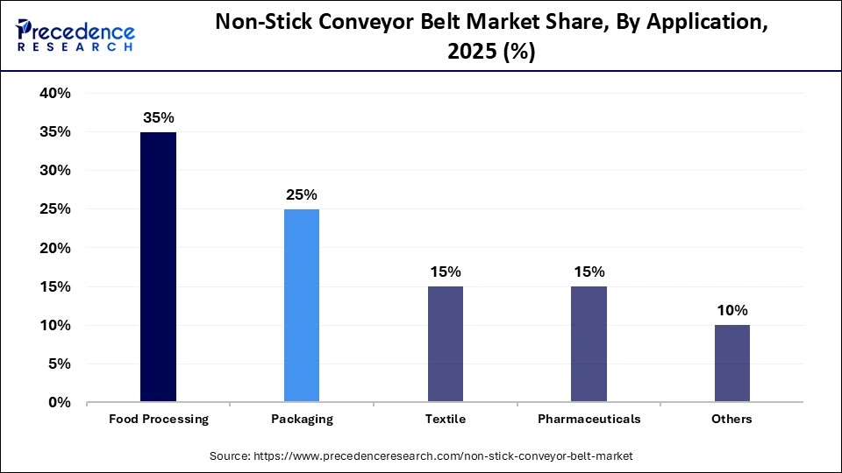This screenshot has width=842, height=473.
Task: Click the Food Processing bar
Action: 159,267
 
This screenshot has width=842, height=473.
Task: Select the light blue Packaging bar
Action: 302,306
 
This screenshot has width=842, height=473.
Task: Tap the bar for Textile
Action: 446,344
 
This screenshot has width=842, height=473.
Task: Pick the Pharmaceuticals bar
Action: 589,344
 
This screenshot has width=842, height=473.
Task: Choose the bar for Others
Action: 731,364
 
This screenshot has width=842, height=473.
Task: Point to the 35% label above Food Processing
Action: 159,117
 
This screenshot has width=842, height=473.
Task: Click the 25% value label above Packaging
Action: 302,194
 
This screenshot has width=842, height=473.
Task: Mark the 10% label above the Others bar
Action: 731,310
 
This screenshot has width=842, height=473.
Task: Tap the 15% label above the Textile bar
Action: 446,272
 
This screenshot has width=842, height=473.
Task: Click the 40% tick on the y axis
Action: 54,94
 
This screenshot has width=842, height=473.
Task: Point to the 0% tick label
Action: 59,403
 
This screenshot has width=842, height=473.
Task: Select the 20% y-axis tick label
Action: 54,248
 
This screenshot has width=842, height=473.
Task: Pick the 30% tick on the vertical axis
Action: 54,171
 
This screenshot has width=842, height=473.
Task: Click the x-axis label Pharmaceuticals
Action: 589,420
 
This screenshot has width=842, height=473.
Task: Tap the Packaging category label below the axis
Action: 302,420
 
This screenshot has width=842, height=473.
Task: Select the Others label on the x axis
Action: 731,420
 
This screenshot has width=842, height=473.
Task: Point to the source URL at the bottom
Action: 421,456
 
